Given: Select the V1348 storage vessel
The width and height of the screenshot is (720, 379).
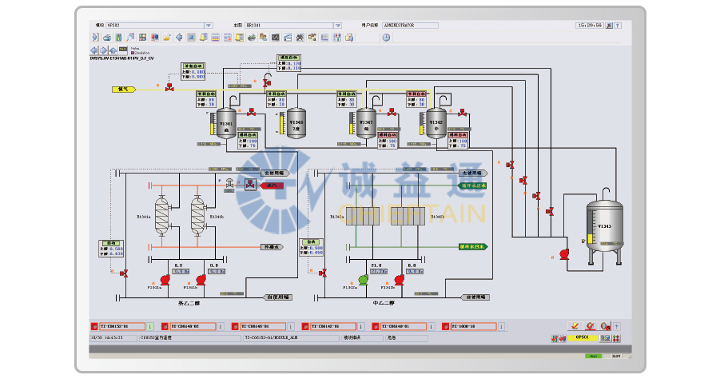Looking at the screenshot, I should (296, 123).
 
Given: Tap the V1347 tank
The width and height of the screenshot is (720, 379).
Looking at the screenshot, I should (366, 123).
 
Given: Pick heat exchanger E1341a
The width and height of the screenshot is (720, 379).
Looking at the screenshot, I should (162, 214).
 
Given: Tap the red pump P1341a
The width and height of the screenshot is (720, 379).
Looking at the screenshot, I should (165, 279).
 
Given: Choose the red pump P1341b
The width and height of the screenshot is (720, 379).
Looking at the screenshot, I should (200, 279).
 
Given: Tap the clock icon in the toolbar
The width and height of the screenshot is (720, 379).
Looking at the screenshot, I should (386, 37).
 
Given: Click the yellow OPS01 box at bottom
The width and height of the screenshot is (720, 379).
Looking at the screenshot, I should (582, 338).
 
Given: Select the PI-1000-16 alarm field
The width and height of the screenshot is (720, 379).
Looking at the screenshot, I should (466, 326).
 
